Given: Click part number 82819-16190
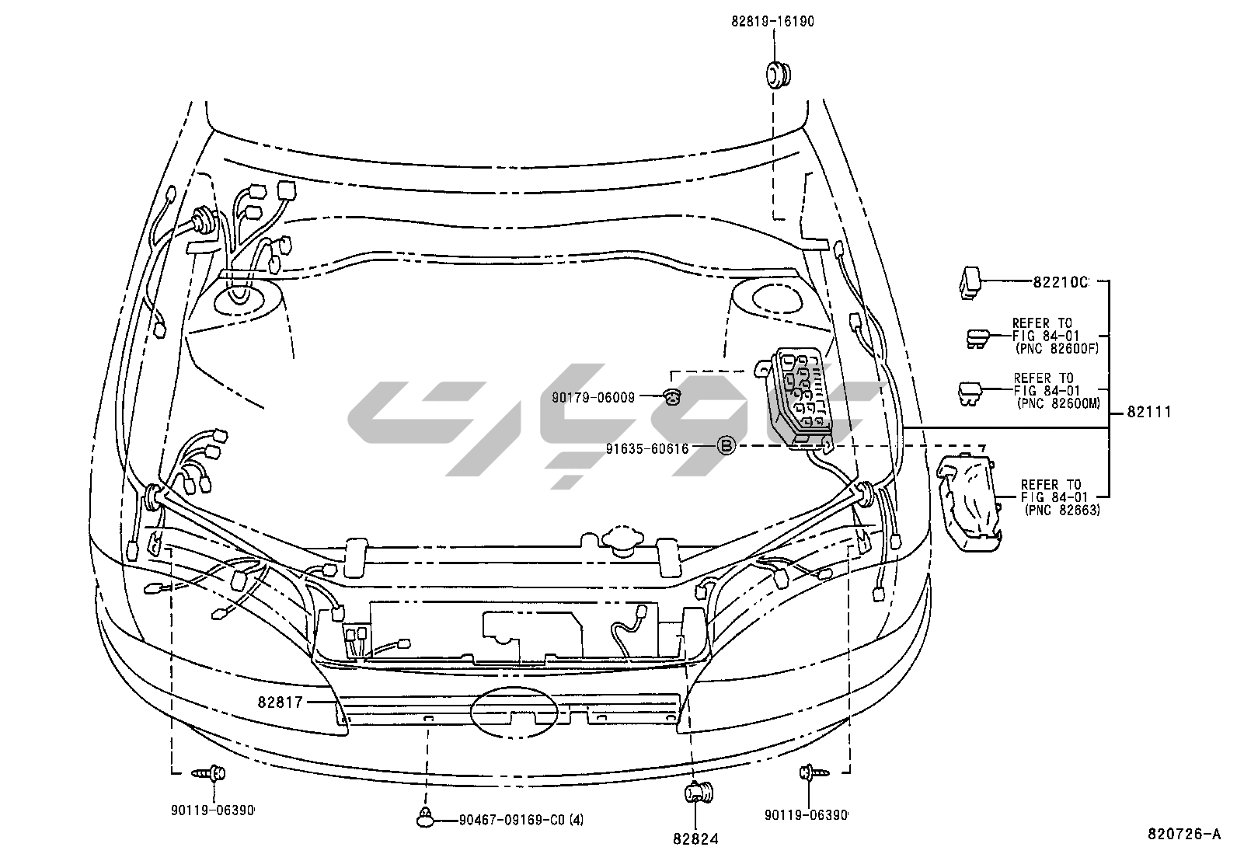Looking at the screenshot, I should [772, 22].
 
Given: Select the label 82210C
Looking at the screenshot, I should [1060, 282].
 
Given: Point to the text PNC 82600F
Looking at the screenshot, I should [1058, 349].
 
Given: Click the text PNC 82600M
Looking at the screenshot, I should [1058, 403].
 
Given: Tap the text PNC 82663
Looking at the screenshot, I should [1061, 510].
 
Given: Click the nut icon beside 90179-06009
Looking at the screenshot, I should [673, 396].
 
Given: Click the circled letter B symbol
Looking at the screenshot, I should [724, 446].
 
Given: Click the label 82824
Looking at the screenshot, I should [695, 838].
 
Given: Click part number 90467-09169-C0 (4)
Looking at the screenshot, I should [521, 819].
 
